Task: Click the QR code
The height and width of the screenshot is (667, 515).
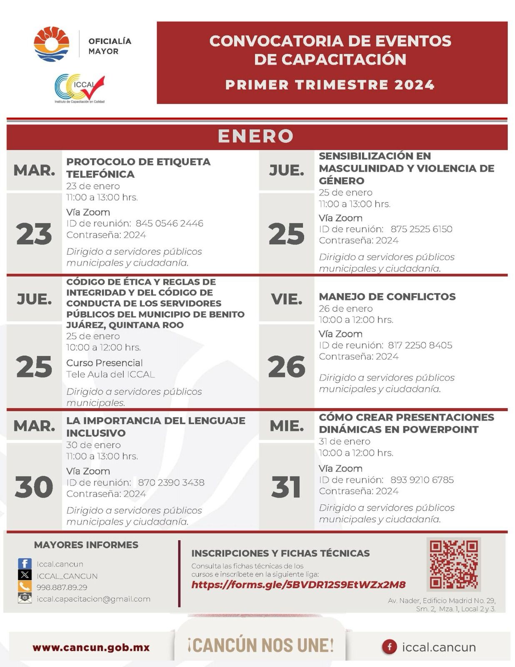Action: click(453, 564)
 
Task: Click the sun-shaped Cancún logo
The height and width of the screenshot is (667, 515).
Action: click(51, 44)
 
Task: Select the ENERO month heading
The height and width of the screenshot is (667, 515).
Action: click(256, 136)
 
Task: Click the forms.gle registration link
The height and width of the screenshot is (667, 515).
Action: click(298, 584)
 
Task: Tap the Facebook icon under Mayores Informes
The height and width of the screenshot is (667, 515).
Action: click(25, 564)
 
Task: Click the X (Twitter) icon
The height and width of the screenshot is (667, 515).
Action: click(25, 575)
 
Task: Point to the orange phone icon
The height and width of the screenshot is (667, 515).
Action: click(25, 587)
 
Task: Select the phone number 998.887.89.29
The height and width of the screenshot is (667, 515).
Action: click(62, 587)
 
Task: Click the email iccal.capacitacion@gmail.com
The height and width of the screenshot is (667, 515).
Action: click(93, 599)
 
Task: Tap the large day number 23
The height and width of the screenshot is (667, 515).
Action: click(34, 233)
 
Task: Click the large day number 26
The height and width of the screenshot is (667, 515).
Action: click(286, 367)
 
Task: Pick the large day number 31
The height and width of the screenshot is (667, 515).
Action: click(286, 486)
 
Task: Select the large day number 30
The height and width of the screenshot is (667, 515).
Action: click(34, 486)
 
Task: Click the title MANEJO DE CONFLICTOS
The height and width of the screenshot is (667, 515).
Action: click(387, 296)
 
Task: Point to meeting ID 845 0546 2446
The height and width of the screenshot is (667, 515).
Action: click(169, 223)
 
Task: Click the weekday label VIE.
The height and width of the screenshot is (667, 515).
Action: click(286, 299)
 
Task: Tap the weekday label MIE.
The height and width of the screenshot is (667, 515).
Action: click(286, 426)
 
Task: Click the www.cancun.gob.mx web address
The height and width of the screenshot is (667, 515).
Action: click(91, 647)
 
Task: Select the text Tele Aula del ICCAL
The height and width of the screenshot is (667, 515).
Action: click(110, 374)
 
